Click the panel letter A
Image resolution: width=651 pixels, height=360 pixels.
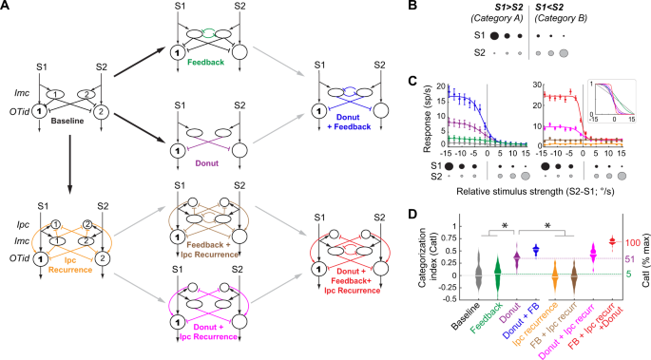(x=8, y=8)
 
